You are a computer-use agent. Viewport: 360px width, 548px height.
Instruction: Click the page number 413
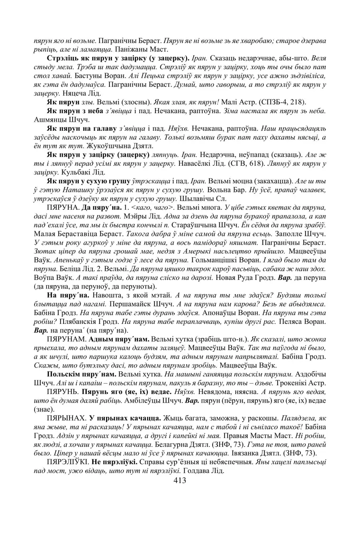click(x=180, y=480)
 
